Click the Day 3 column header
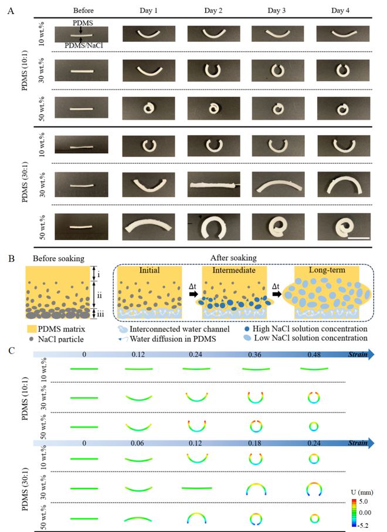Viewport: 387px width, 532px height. pyautogui.click(x=277, y=11)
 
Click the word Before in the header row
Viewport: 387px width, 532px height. pyautogui.click(x=83, y=11)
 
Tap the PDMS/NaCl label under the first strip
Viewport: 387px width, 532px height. pyautogui.click(x=84, y=45)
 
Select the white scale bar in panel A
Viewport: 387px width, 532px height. pyautogui.click(x=358, y=238)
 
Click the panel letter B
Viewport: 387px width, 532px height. pyautogui.click(x=11, y=258)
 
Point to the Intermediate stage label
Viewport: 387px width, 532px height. pyautogui.click(x=234, y=271)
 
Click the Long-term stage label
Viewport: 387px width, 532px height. pyautogui.click(x=327, y=270)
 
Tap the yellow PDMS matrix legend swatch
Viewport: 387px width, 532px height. pyautogui.click(x=32, y=329)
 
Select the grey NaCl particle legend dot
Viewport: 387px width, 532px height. pyautogui.click(x=32, y=339)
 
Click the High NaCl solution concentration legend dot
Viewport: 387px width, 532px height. pyautogui.click(x=247, y=329)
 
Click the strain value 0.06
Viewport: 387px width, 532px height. pyautogui.click(x=137, y=443)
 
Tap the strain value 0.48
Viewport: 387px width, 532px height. pyautogui.click(x=314, y=355)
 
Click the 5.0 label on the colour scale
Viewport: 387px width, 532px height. pyautogui.click(x=364, y=501)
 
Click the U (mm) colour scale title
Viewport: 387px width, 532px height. pyautogui.click(x=362, y=492)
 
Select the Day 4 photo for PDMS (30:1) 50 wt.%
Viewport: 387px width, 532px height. pyautogui.click(x=344, y=227)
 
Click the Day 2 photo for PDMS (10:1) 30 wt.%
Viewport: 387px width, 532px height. pyautogui.click(x=214, y=70)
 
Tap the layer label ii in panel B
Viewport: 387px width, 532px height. pyautogui.click(x=99, y=295)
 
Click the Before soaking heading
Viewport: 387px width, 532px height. pyautogui.click(x=59, y=258)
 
